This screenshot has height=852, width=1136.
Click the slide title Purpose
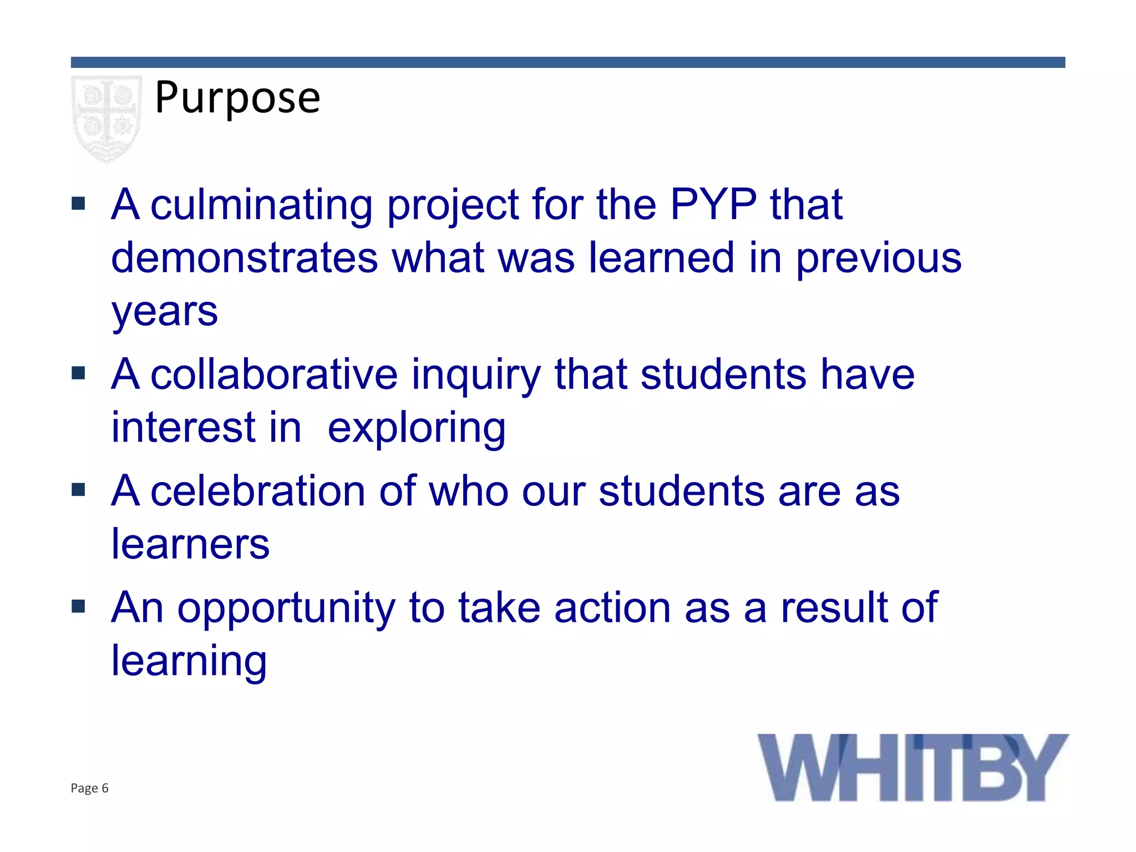click(237, 98)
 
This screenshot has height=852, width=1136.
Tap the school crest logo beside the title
click(106, 118)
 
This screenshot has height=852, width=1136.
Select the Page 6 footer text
click(89, 788)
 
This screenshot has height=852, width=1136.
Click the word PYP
click(713, 204)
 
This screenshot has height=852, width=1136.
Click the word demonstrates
click(244, 258)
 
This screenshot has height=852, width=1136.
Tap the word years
click(164, 312)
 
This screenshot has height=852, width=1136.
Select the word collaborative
click(274, 374)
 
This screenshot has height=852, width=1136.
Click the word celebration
click(257, 491)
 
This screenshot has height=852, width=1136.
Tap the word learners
click(190, 544)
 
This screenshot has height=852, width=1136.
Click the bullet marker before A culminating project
click(78, 204)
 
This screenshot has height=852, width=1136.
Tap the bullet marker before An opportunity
click(78, 606)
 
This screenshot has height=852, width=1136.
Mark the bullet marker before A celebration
click(78, 490)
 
